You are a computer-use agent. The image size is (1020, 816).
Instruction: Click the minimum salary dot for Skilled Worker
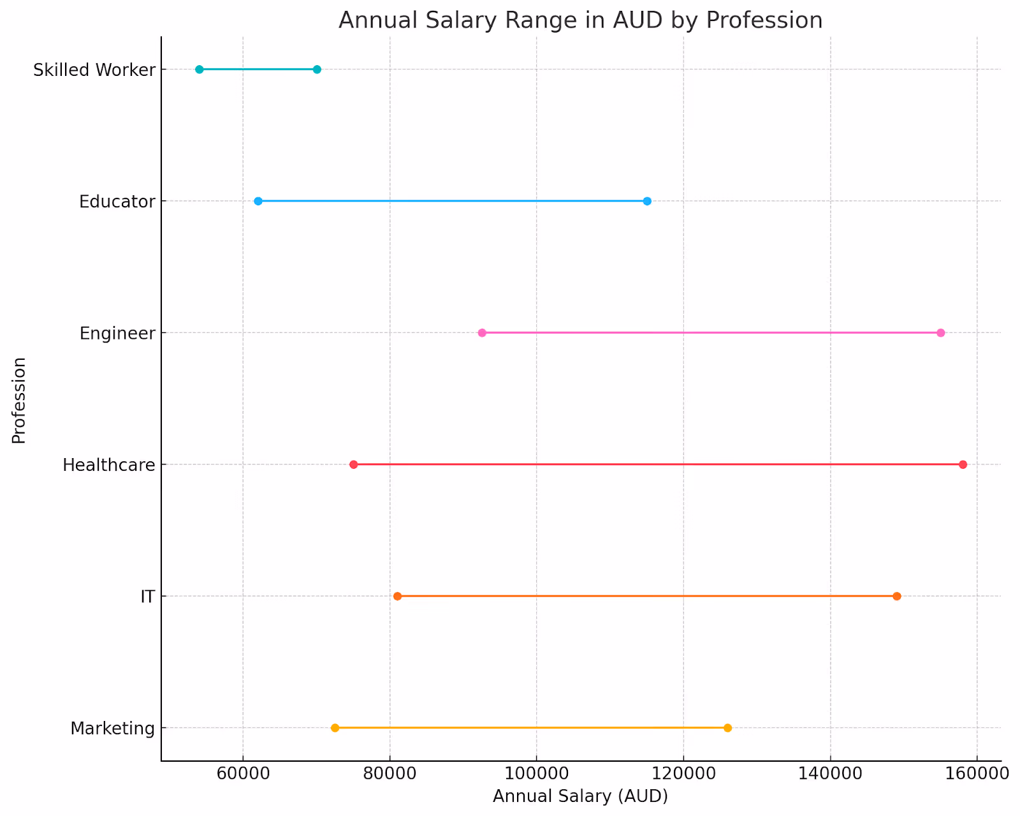199,70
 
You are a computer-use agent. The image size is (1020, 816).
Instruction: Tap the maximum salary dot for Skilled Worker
317,70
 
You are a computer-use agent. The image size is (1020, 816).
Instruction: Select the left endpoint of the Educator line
258,201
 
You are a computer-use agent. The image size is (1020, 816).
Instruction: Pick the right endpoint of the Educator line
647,201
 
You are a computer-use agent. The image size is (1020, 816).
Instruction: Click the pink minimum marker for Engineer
482,333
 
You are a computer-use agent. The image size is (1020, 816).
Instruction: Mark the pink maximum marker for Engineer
940,333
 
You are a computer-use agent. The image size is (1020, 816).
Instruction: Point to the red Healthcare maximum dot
963,464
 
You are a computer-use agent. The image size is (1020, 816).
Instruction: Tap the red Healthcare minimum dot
354,464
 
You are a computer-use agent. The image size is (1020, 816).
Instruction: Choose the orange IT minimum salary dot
397,596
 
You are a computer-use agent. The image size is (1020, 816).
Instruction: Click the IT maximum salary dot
896,596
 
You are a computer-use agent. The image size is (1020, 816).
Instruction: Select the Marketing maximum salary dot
727,728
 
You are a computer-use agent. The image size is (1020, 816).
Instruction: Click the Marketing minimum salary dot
335,728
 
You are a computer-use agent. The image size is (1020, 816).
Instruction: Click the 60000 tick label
243,773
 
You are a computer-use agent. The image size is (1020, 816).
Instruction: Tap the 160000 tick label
977,773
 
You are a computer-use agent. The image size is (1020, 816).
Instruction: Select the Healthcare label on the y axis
109,465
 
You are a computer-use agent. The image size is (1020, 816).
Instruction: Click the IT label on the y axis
147,597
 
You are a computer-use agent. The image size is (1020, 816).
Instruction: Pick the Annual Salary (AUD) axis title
580,796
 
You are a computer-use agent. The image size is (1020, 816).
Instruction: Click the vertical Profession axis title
19,400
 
